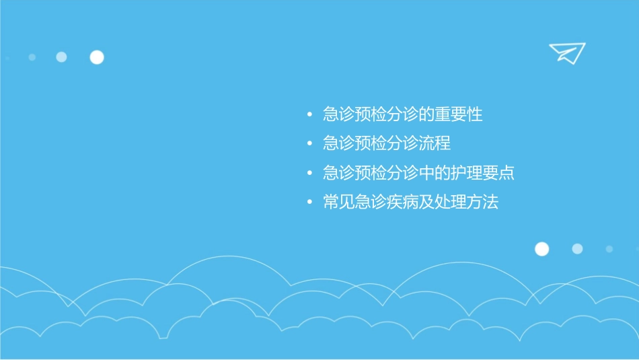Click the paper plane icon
pyautogui.click(x=566, y=52)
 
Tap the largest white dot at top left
pyautogui.click(x=97, y=57)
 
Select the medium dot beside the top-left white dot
pyautogui.click(x=61, y=57)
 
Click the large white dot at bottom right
pyautogui.click(x=541, y=249)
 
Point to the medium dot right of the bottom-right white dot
pyautogui.click(x=577, y=249)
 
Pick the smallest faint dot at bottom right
pyautogui.click(x=609, y=249)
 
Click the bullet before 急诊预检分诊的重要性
pyautogui.click(x=309, y=115)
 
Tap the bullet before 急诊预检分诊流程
pyautogui.click(x=309, y=144)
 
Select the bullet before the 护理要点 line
pyautogui.click(x=309, y=173)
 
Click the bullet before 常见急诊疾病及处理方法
pyautogui.click(x=309, y=203)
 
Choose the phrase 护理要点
pyautogui.click(x=482, y=173)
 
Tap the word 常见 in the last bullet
pyautogui.click(x=339, y=203)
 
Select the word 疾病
pyautogui.click(x=403, y=203)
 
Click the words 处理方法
pyautogui.click(x=467, y=203)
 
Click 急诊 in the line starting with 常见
pyautogui.click(x=371, y=203)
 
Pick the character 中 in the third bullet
pyautogui.click(x=426, y=173)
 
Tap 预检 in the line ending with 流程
pyautogui.click(x=371, y=144)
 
